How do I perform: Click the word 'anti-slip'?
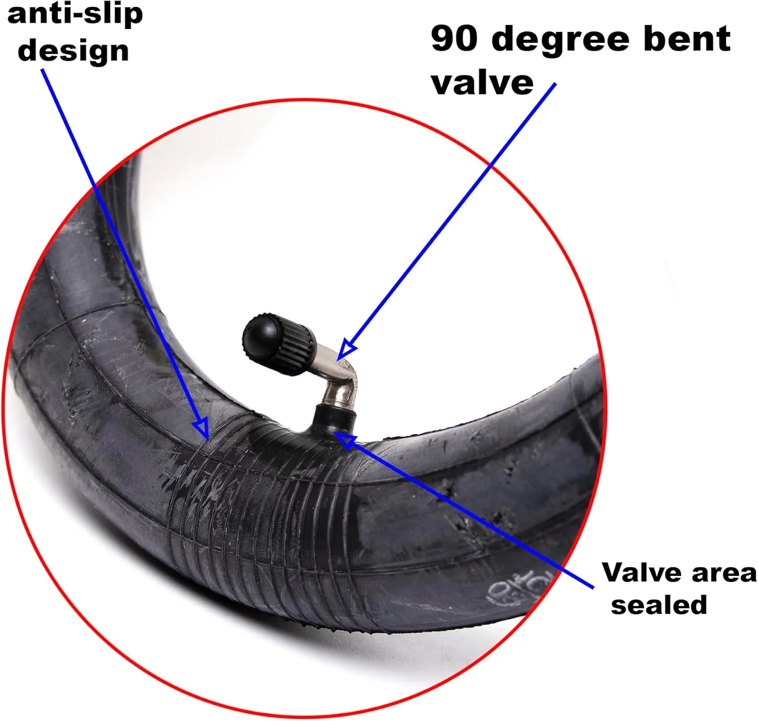coord(75,15)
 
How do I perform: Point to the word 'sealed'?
coord(659,605)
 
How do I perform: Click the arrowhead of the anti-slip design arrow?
coord(202,428)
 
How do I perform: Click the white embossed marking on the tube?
coord(520,587)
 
